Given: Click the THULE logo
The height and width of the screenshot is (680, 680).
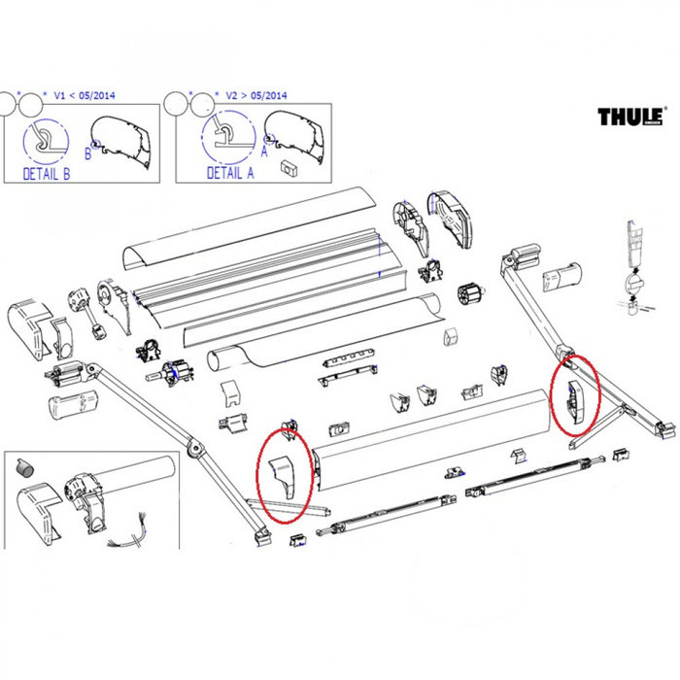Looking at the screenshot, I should (632, 117).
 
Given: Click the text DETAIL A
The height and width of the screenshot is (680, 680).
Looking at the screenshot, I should (230, 172).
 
